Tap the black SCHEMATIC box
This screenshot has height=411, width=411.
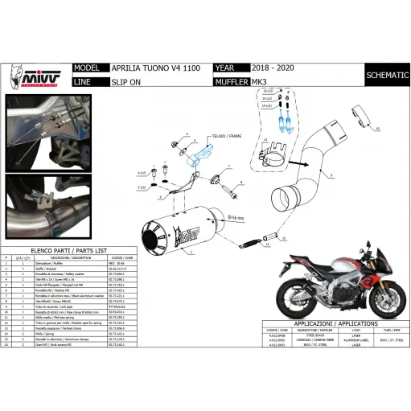pyautogui.click(x=385, y=75)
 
